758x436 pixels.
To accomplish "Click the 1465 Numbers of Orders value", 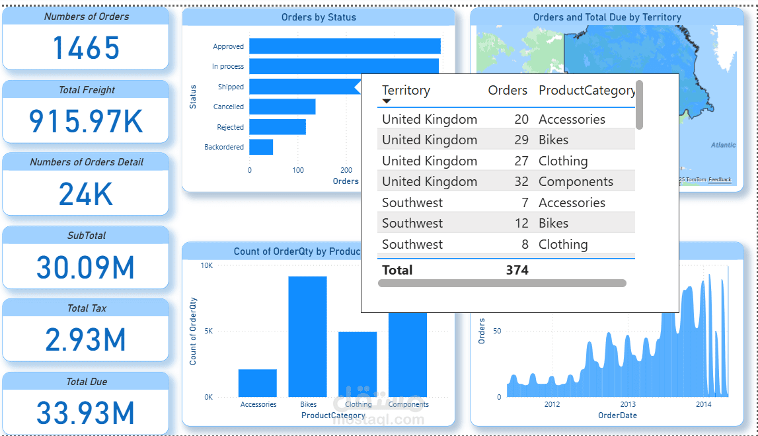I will (x=86, y=48).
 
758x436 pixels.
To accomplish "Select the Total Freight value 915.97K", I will (x=86, y=121).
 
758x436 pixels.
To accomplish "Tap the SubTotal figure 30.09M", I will (x=86, y=267).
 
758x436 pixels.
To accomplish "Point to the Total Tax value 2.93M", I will (x=86, y=339).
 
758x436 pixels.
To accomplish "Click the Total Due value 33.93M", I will (x=86, y=413).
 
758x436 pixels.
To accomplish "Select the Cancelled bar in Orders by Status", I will (x=282, y=107).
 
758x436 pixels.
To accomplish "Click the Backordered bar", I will (x=261, y=147).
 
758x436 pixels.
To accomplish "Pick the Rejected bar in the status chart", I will (x=278, y=127).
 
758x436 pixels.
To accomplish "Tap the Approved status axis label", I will (x=228, y=46).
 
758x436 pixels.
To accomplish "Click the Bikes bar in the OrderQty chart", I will (x=307, y=336).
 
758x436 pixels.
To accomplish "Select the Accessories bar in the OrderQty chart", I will (x=258, y=383).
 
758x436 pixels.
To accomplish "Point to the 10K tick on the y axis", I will (x=207, y=265).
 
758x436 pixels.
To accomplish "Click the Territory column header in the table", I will (x=406, y=91).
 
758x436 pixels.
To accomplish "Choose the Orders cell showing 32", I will (x=521, y=181).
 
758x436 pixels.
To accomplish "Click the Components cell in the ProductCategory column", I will (x=576, y=181).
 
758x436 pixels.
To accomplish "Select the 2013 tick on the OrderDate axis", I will (x=628, y=404).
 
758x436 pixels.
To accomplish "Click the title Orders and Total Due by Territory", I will (x=607, y=17).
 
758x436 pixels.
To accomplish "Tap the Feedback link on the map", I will (x=720, y=180).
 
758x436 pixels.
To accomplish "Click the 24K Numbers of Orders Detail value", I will (x=86, y=194).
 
